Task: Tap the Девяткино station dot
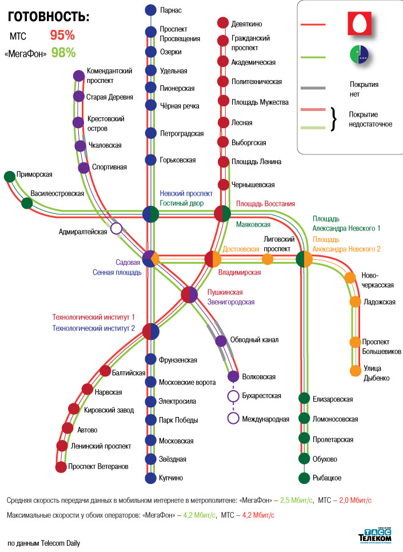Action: point(223,23)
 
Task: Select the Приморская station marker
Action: point(9,176)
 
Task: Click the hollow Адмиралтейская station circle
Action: point(117,229)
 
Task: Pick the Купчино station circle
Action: point(150,478)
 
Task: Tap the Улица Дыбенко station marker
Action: point(356,371)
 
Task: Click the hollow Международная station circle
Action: point(233,418)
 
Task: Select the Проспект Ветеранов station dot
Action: point(61,467)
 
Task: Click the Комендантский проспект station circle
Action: point(78,76)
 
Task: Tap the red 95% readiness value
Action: point(63,35)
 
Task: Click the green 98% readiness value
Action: point(63,53)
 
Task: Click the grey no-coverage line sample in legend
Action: point(313,88)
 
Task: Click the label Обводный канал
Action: point(254,340)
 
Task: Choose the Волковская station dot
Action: point(233,376)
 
